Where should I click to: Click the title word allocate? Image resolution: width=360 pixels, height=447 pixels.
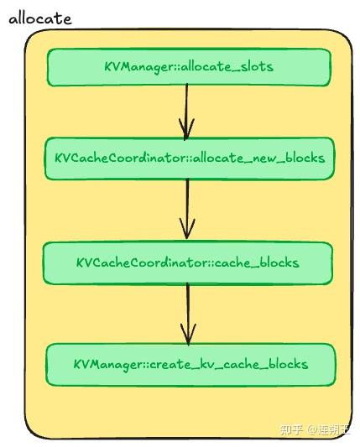[40, 18]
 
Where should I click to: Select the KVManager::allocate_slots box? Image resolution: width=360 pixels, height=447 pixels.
[189, 67]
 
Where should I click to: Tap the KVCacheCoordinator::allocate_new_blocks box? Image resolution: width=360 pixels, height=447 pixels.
[189, 159]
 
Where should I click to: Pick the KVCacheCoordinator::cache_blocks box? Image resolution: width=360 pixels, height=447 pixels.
[188, 262]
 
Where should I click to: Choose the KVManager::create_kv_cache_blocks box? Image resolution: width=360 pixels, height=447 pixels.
[190, 365]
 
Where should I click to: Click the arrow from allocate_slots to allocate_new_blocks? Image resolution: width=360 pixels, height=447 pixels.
[186, 112]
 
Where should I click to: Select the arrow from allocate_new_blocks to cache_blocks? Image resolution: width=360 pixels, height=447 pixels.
[187, 209]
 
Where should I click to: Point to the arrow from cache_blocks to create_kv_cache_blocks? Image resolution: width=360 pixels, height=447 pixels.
[188, 314]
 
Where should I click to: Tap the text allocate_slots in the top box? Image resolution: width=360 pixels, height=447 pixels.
[227, 67]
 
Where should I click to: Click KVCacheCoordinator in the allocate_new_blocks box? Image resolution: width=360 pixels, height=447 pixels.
[121, 158]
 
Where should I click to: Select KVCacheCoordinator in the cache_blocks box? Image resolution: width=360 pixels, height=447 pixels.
[143, 262]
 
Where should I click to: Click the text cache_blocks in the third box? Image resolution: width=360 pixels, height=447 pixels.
[257, 262]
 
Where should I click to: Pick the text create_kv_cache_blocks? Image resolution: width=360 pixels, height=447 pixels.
[229, 365]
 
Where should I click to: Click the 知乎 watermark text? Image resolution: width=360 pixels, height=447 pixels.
[291, 429]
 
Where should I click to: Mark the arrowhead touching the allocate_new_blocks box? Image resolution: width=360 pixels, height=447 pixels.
[186, 130]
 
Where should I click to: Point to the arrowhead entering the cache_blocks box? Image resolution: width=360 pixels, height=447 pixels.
[187, 229]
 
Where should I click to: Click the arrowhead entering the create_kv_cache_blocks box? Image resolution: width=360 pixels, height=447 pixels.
[188, 335]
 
